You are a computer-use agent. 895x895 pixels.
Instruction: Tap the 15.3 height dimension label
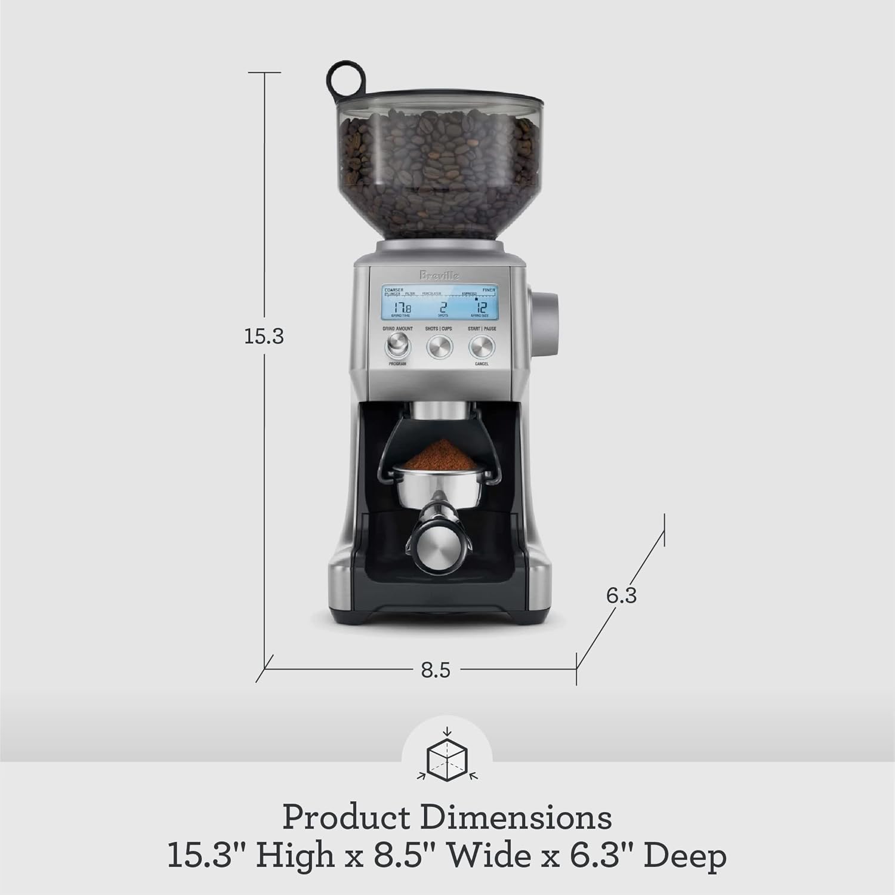pos(264,337)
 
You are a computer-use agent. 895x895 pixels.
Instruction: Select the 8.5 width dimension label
pos(436,670)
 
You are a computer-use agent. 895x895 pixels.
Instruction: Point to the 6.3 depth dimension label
pos(621,595)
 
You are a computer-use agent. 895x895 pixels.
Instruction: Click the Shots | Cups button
pos(439,345)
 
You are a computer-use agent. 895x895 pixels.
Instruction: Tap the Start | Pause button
pos(482,345)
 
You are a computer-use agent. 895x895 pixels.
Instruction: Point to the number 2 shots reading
pos(443,308)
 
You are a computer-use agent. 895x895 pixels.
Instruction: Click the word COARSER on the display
pos(394,290)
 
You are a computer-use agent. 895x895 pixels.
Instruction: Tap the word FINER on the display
pos(489,290)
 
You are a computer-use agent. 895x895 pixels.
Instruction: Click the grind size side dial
pos(545,323)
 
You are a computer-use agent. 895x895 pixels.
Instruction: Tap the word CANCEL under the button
pos(482,364)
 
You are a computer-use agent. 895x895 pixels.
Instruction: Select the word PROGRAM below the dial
pos(397,364)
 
